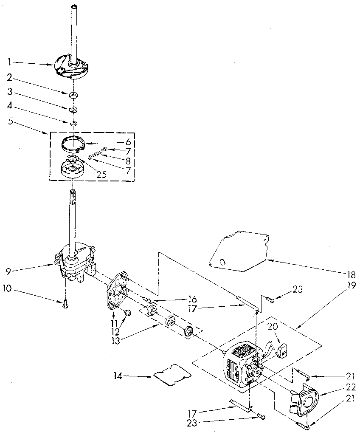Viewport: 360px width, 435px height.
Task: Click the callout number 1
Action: [9, 62]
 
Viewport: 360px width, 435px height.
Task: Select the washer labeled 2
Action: [74, 94]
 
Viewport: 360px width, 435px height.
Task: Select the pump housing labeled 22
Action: [307, 401]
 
